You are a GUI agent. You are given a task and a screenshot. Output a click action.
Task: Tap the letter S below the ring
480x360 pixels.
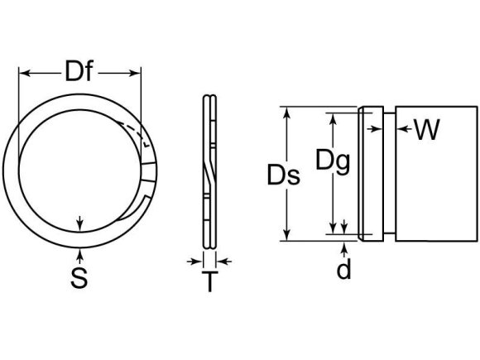point(79,279)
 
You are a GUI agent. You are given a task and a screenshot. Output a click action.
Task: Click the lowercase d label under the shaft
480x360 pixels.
point(343,270)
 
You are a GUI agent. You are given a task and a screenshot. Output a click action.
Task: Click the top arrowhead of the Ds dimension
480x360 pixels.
point(287,112)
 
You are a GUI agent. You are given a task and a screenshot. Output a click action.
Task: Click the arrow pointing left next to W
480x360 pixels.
point(402,128)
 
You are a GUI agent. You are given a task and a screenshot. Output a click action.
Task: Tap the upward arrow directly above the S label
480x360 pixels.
point(79,250)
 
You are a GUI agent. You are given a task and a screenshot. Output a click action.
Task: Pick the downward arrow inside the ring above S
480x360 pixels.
point(79,223)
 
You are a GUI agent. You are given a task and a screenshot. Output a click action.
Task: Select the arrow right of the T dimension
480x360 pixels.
point(225,261)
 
